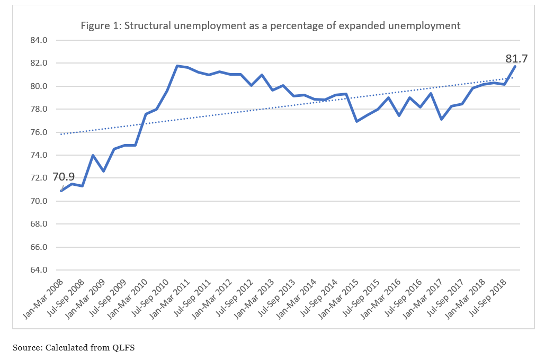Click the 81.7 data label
tap(517, 59)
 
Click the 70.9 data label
tap(64, 176)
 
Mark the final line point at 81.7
tap(515, 67)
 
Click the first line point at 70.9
tap(61, 191)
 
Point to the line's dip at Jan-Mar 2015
tap(357, 121)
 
